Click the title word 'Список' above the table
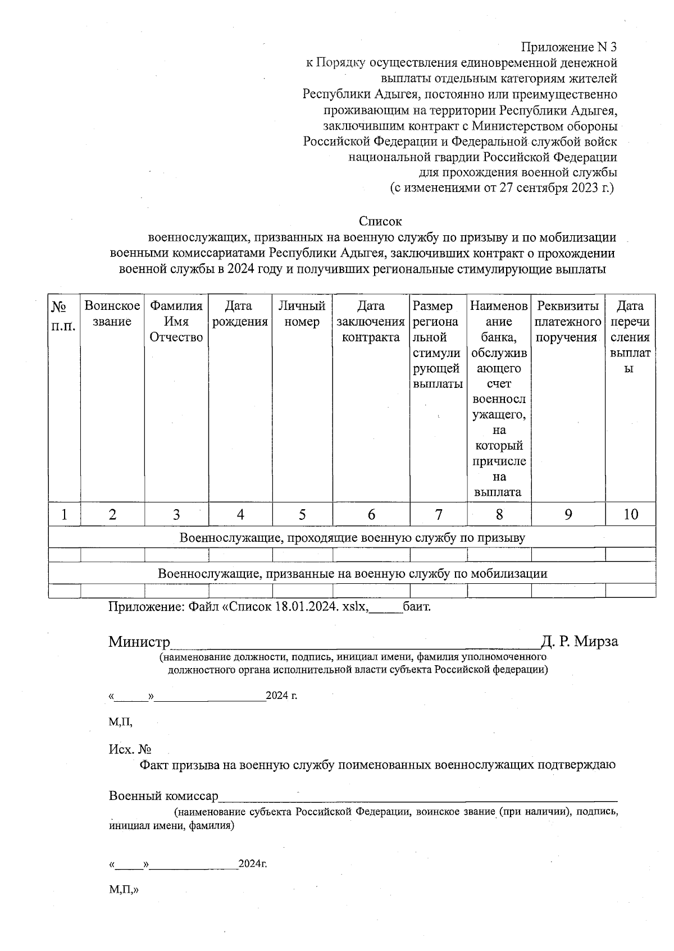coord(380,221)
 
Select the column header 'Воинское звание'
coord(112,314)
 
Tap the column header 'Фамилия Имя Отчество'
coord(176,322)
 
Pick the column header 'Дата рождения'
coord(240,314)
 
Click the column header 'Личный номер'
coord(302,314)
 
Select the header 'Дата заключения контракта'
coord(371,322)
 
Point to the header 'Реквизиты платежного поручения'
coord(567,322)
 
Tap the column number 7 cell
coord(438,514)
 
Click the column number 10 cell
coord(630,514)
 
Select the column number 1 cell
coord(64,514)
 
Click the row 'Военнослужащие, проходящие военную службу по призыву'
coord(352,538)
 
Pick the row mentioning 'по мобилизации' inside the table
coord(352,573)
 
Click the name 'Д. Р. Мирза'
coord(579,642)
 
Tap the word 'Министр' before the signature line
coord(139,642)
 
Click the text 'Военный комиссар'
coord(163,796)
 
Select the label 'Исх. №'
coord(130,749)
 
